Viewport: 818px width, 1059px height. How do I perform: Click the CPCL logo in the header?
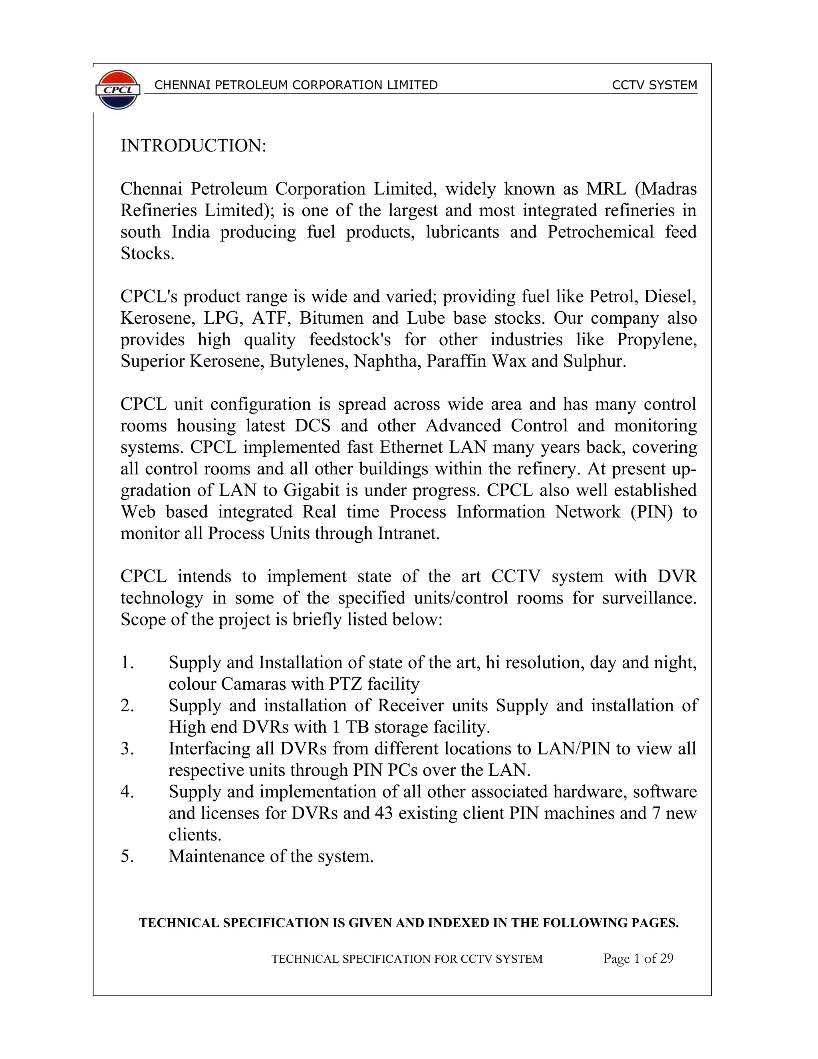click(118, 90)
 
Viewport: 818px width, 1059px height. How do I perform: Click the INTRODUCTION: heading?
click(193, 145)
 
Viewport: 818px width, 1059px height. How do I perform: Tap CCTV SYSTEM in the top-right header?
click(654, 86)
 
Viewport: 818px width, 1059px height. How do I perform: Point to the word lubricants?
click(462, 232)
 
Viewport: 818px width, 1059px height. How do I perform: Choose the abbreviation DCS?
click(313, 426)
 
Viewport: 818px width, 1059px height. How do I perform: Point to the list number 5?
click(127, 856)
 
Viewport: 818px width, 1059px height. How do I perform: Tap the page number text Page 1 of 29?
click(638, 959)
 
